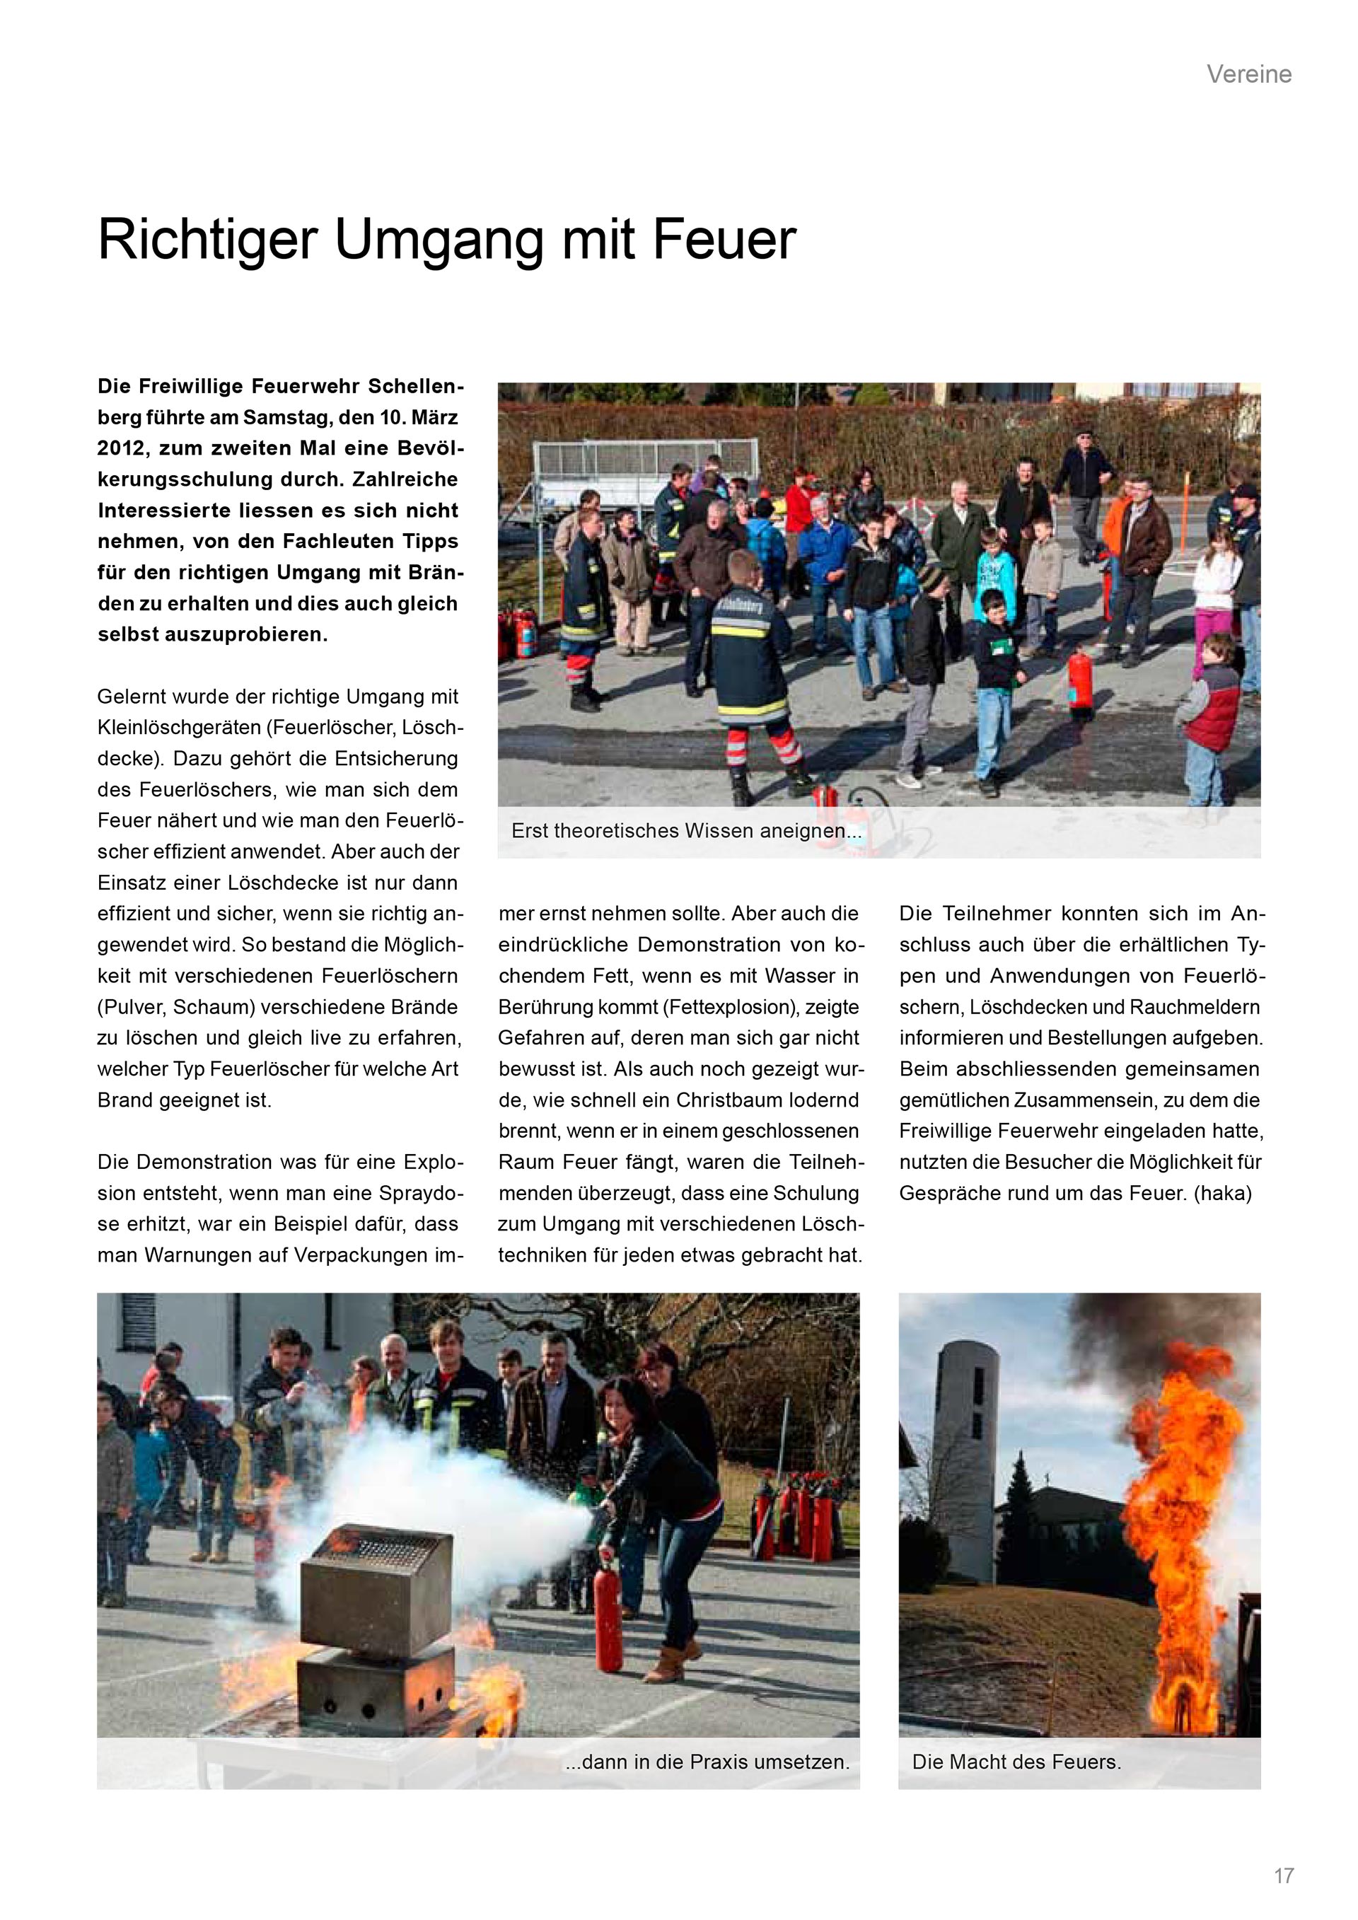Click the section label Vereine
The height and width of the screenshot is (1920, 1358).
click(1248, 74)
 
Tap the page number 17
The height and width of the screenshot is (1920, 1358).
click(1284, 1875)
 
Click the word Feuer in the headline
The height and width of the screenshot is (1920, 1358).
click(724, 240)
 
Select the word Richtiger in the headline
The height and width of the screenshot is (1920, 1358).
click(207, 240)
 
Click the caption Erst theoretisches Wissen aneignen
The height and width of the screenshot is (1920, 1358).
click(685, 831)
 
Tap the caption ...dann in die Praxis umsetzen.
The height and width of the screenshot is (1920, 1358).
click(707, 1762)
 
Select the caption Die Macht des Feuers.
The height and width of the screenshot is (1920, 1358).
click(1016, 1762)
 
